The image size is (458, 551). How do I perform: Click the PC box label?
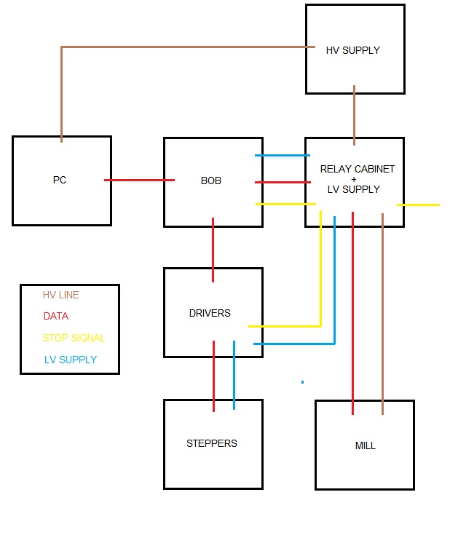pyautogui.click(x=60, y=180)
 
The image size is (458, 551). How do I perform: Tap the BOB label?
pyautogui.click(x=211, y=180)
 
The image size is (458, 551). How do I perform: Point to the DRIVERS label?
pyautogui.click(x=210, y=313)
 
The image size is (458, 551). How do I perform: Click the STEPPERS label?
pyautogui.click(x=212, y=443)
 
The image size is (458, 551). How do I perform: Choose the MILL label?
pyautogui.click(x=365, y=445)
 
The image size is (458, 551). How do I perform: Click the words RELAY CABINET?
pyautogui.click(x=357, y=169)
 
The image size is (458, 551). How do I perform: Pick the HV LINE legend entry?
pyautogui.click(x=61, y=296)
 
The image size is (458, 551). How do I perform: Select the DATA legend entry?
pyautogui.click(x=56, y=317)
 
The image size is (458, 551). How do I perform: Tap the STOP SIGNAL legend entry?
pyautogui.click(x=74, y=338)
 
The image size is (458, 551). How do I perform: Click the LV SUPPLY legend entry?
pyautogui.click(x=70, y=360)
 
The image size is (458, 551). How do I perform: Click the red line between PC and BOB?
pyautogui.click(x=138, y=180)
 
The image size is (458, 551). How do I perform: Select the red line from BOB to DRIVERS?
pyautogui.click(x=213, y=247)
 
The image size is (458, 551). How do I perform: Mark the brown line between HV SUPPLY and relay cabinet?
pyautogui.click(x=355, y=115)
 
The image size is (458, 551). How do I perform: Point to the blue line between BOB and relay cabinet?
pyautogui.click(x=283, y=155)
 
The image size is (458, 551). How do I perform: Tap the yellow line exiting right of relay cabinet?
pyautogui.click(x=419, y=205)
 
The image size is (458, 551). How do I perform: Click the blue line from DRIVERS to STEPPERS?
pyautogui.click(x=234, y=375)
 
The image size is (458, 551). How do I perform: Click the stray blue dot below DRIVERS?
pyautogui.click(x=302, y=381)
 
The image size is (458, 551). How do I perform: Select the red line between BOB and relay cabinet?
pyautogui.click(x=283, y=182)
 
